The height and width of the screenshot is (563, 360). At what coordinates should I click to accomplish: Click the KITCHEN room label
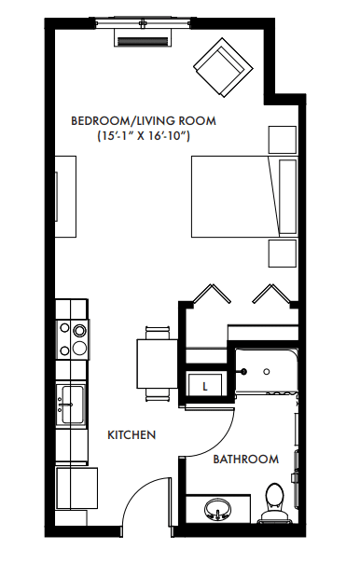[132, 435]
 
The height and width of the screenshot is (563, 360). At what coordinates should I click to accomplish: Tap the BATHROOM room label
[245, 460]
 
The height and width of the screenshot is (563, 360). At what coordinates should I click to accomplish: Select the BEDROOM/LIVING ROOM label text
[144, 120]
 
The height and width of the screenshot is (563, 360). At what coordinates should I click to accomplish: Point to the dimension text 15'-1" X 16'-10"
[144, 136]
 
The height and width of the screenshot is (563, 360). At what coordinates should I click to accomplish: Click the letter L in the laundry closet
[205, 387]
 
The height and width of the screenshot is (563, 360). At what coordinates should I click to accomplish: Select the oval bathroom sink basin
[217, 509]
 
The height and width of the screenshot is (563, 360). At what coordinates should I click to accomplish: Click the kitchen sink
[71, 405]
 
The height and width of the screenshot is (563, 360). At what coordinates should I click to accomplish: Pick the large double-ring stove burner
[79, 329]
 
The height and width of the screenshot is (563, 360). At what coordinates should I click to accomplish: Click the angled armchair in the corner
[223, 67]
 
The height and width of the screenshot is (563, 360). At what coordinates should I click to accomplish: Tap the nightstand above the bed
[283, 140]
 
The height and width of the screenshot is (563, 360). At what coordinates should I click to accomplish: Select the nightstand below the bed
[283, 254]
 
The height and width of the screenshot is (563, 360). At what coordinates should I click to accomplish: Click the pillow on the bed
[288, 197]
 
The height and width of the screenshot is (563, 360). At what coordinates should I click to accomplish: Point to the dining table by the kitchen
[157, 364]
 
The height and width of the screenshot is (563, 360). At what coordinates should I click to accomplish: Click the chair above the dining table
[158, 332]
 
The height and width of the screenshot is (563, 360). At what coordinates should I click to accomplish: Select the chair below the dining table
[158, 394]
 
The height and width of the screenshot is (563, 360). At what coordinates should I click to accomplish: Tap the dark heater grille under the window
[143, 42]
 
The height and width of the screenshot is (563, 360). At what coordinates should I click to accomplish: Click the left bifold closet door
[212, 294]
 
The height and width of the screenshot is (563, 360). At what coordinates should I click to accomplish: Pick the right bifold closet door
[270, 294]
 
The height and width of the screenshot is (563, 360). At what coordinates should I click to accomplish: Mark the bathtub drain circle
[266, 372]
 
